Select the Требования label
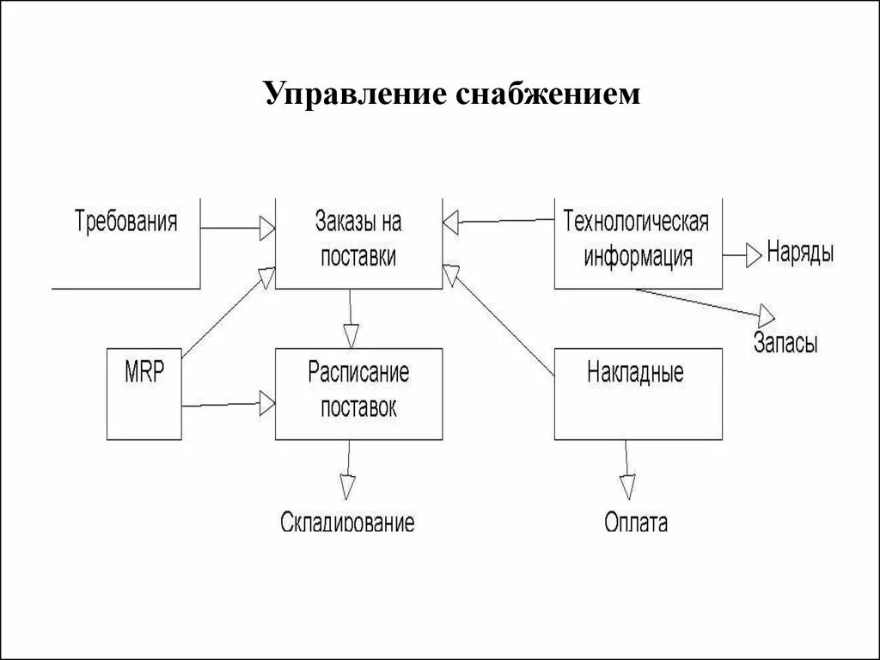tap(126, 222)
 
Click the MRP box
tap(144, 393)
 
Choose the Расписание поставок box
tap(358, 393)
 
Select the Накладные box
tap(637, 393)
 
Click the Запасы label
tap(785, 343)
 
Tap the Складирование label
tap(347, 522)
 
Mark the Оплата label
tap(636, 522)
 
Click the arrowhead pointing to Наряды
tap(753, 254)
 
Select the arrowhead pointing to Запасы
tap(764, 314)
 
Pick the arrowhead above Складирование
tap(348, 486)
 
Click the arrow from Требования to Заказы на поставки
tap(232, 228)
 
